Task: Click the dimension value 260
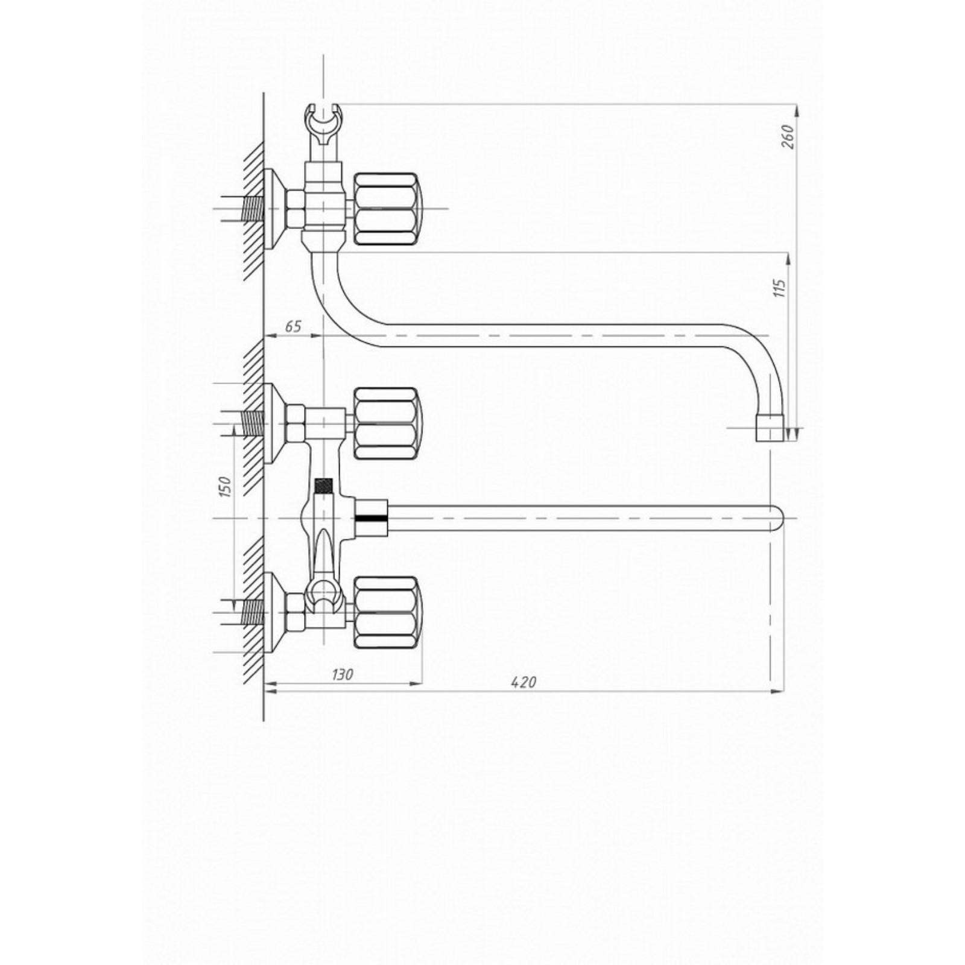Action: (x=788, y=137)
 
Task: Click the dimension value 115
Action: (x=780, y=288)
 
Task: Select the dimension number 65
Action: (x=293, y=326)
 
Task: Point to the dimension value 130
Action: (x=343, y=674)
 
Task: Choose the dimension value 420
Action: (x=523, y=682)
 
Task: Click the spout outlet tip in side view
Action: (x=770, y=428)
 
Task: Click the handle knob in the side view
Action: (x=386, y=209)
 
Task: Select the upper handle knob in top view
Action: (x=386, y=423)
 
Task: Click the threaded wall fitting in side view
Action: (x=253, y=209)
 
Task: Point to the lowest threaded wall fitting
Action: (x=253, y=612)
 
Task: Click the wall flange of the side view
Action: (x=274, y=209)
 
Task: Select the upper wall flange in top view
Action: (x=274, y=423)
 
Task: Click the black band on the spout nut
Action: (x=372, y=518)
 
